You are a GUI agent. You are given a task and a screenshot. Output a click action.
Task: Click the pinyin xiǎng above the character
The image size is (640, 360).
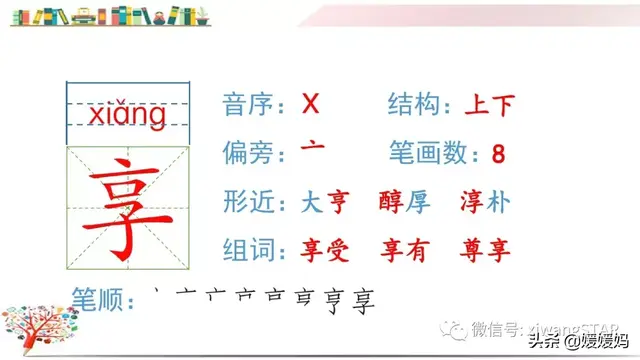point(126,117)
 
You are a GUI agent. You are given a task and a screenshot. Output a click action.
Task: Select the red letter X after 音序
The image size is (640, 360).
point(310,103)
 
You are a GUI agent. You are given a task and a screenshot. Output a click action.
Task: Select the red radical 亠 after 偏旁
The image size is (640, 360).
point(312,150)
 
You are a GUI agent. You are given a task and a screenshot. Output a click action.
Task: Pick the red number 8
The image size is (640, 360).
point(499,154)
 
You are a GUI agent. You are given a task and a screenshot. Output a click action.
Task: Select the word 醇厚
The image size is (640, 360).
point(405,201)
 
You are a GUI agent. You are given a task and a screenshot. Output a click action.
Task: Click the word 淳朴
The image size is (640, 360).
point(485,201)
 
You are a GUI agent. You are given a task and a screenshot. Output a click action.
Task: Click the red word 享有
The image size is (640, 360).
point(405,249)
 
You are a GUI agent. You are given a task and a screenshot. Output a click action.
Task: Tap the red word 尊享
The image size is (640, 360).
point(485,249)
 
